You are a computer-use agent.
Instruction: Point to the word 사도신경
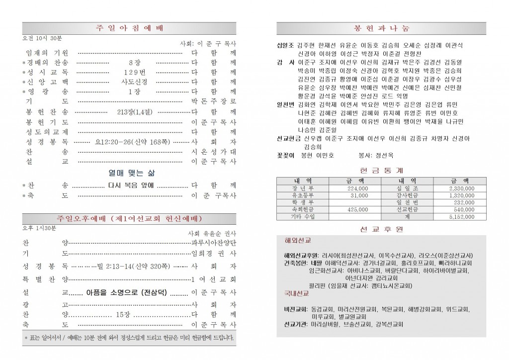[131, 82]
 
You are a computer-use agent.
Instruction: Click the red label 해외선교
[298, 240]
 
